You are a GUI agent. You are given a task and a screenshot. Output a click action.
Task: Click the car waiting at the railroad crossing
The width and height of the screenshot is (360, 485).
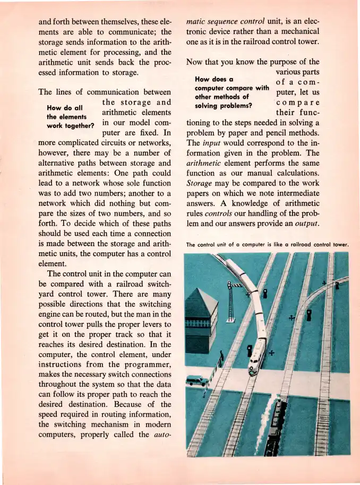pyautogui.click(x=196, y=380)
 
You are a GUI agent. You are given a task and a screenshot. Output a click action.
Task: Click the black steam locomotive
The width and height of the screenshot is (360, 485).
pyautogui.click(x=275, y=425)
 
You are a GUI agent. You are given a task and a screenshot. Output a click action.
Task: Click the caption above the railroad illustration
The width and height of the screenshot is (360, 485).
pyautogui.click(x=267, y=245)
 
